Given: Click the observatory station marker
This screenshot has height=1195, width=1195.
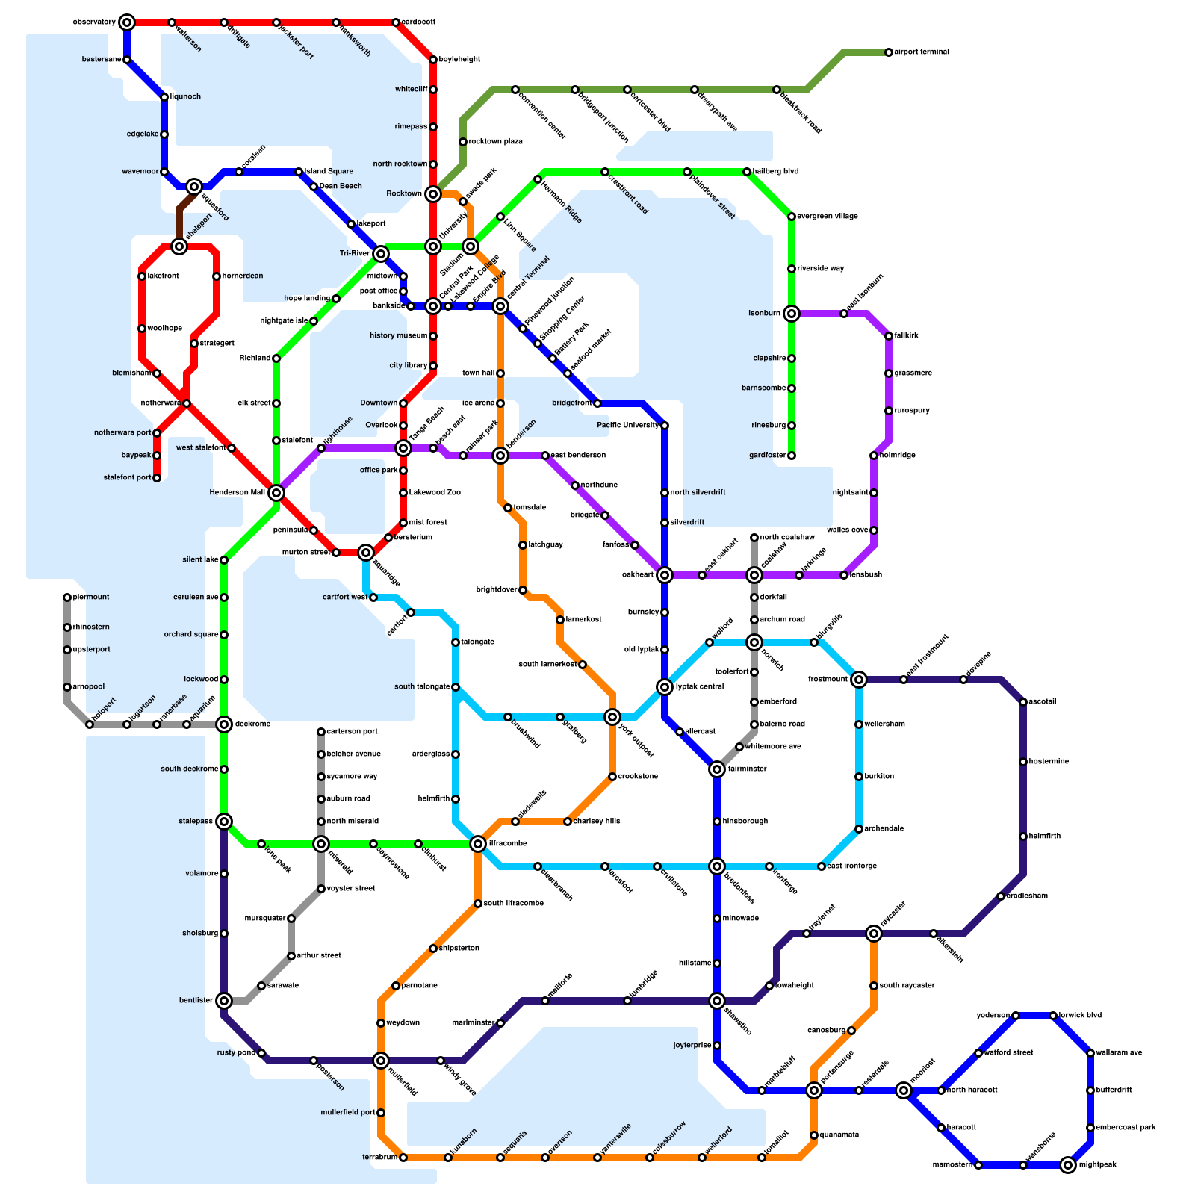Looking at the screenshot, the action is (127, 22).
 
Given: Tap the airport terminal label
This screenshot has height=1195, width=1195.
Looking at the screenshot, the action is (922, 52).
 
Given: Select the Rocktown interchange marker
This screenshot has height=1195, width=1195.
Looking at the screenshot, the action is (433, 194).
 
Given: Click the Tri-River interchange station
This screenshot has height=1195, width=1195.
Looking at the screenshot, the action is (381, 254).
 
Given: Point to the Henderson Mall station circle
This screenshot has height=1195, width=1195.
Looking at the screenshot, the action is (276, 493).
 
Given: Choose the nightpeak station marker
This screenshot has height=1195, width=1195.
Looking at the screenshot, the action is (1068, 1165).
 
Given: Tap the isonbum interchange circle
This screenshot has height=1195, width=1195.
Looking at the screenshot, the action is (792, 314).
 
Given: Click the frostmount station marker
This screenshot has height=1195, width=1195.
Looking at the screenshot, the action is (859, 680).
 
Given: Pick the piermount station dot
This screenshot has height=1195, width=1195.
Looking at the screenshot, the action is (67, 597).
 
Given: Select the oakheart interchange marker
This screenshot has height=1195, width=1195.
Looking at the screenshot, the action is (665, 575).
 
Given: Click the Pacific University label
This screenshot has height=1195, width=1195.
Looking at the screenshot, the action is (628, 426).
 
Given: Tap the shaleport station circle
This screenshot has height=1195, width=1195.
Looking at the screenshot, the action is (179, 246).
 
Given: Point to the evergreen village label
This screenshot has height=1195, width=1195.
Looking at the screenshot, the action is (828, 217).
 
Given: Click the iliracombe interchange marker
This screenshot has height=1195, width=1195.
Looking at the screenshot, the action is (478, 844).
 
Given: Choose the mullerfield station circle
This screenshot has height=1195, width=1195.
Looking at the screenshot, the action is (381, 1061).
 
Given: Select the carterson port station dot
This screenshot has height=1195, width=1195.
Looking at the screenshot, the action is (321, 732).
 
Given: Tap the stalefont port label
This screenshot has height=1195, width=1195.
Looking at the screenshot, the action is (127, 478).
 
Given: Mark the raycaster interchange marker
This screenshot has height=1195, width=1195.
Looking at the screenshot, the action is (874, 934).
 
